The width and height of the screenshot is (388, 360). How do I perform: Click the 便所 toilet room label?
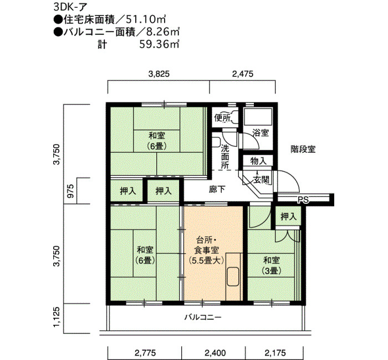(222, 118)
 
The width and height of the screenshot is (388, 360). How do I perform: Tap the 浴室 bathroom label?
(261, 133)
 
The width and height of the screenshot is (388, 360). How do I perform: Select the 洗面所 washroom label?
(225, 157)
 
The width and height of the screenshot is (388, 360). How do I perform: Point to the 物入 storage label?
(258, 161)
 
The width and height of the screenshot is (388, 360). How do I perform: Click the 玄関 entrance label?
(261, 180)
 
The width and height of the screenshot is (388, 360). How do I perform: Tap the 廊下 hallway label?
(217, 189)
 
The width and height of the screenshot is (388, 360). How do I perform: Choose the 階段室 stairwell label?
(303, 149)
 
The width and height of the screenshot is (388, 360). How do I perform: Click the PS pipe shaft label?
(303, 200)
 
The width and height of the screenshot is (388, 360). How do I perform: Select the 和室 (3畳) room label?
(272, 265)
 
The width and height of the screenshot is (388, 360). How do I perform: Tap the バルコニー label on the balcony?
(203, 317)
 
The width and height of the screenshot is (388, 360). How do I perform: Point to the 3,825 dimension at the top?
(159, 74)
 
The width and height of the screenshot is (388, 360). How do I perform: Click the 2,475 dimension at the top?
(243, 74)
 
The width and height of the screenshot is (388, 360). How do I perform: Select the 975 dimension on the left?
(70, 191)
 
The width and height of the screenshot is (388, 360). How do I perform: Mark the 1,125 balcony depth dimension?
(57, 317)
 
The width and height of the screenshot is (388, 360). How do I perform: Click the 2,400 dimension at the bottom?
(215, 353)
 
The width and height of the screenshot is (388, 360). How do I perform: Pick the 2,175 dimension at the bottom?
(275, 353)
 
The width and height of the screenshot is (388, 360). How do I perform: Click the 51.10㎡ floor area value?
(145, 19)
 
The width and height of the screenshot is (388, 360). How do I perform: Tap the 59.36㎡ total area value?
(159, 44)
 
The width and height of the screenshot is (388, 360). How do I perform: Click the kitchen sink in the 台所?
(233, 277)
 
